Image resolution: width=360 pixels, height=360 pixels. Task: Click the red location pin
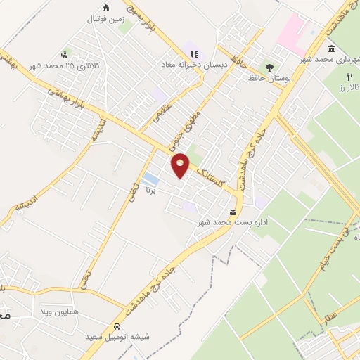coord(181,165)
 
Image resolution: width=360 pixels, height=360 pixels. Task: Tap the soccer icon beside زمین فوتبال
coord(106,8)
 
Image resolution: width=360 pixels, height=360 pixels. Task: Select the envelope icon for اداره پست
coord(233,212)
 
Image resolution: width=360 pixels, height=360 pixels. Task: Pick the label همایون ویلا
coord(77,311)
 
